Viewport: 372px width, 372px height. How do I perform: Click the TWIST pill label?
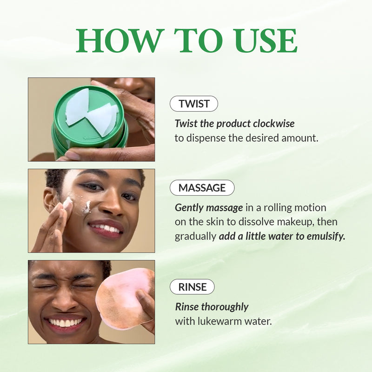click(x=194, y=104)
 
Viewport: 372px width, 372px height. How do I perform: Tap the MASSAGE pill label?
click(x=202, y=188)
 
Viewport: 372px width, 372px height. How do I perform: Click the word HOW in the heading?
click(x=120, y=41)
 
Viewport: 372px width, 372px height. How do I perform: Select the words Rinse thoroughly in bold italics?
click(x=212, y=307)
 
